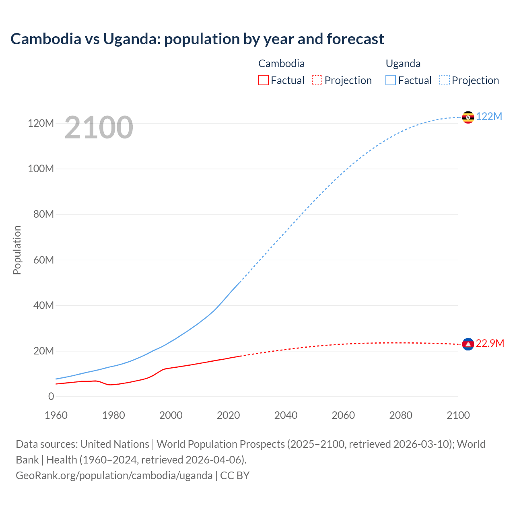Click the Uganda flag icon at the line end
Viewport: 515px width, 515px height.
468,117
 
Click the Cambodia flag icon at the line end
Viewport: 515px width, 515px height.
468,344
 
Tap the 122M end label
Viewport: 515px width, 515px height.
489,116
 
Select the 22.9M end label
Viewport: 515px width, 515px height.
490,343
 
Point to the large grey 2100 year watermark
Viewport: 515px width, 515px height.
99,128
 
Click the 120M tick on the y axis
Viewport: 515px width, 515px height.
41,123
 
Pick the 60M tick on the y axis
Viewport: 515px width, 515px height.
43,260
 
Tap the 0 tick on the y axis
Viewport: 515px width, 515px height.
51,396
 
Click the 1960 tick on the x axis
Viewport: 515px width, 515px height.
56,415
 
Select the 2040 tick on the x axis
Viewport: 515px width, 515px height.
286,415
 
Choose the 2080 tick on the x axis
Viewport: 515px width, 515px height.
401,415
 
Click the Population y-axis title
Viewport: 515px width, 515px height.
17,250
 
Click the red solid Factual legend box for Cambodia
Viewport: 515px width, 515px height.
263,80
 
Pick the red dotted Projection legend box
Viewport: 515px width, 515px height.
317,80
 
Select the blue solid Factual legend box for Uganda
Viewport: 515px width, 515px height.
391,80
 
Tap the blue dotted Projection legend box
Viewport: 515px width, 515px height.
444,80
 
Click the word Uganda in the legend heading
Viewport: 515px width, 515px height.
403,64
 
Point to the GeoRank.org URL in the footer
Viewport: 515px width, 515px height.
114,475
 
